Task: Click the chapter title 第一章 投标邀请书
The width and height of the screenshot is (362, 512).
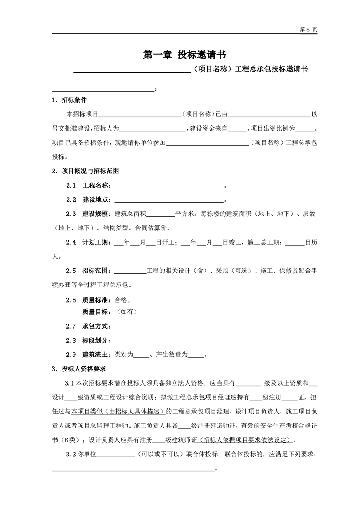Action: pyautogui.click(x=185, y=55)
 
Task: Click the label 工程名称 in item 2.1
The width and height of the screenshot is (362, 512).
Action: pyautogui.click(x=96, y=186)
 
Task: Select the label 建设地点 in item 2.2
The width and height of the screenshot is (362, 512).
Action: pyautogui.click(x=96, y=200)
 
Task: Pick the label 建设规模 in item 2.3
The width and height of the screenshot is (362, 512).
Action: pyautogui.click(x=96, y=214)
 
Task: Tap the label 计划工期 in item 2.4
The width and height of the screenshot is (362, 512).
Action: pyautogui.click(x=96, y=242)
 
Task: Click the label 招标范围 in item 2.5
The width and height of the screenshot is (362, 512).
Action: pyautogui.click(x=96, y=271)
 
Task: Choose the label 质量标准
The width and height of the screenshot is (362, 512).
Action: pyautogui.click(x=96, y=300)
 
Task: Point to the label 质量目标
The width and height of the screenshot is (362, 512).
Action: pyautogui.click(x=96, y=312)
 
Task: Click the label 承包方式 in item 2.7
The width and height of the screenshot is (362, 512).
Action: pyautogui.click(x=96, y=326)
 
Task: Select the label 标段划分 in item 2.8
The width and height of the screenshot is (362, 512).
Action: pyautogui.click(x=96, y=340)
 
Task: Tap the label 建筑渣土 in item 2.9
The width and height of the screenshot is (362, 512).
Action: pyautogui.click(x=96, y=355)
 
